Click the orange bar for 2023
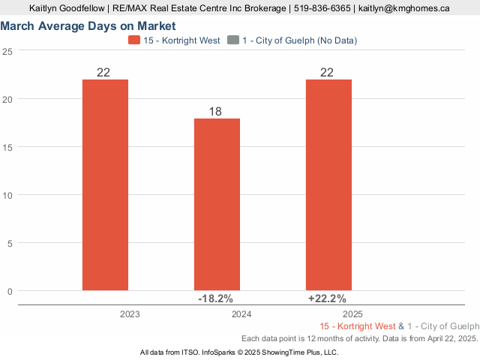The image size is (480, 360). (x=105, y=184)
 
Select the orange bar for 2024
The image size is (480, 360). (x=217, y=204)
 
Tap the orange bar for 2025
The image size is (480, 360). (x=328, y=184)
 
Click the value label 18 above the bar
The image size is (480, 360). (x=215, y=111)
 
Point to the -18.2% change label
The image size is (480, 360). (x=214, y=298)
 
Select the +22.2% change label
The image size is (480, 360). (x=327, y=298)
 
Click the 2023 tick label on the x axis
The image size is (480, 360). (x=130, y=315)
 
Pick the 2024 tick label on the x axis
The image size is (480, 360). (x=241, y=315)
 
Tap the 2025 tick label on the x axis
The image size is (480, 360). (x=353, y=315)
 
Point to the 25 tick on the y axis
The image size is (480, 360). (x=7, y=51)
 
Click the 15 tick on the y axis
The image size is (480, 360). (x=7, y=147)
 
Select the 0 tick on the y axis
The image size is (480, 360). (x=10, y=291)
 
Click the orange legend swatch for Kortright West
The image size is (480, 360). (x=134, y=40)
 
